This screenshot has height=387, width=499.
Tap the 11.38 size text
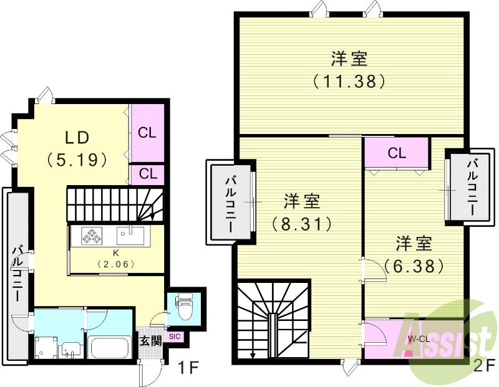348,80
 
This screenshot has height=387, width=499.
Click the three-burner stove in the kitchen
92,236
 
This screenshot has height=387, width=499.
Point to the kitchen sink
130,236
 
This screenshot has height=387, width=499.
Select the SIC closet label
174,337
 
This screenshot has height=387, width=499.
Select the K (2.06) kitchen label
116,258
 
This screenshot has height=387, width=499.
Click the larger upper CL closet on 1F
148,133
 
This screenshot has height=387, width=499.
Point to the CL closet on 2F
397,153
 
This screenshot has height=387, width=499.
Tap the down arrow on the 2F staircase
253,355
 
